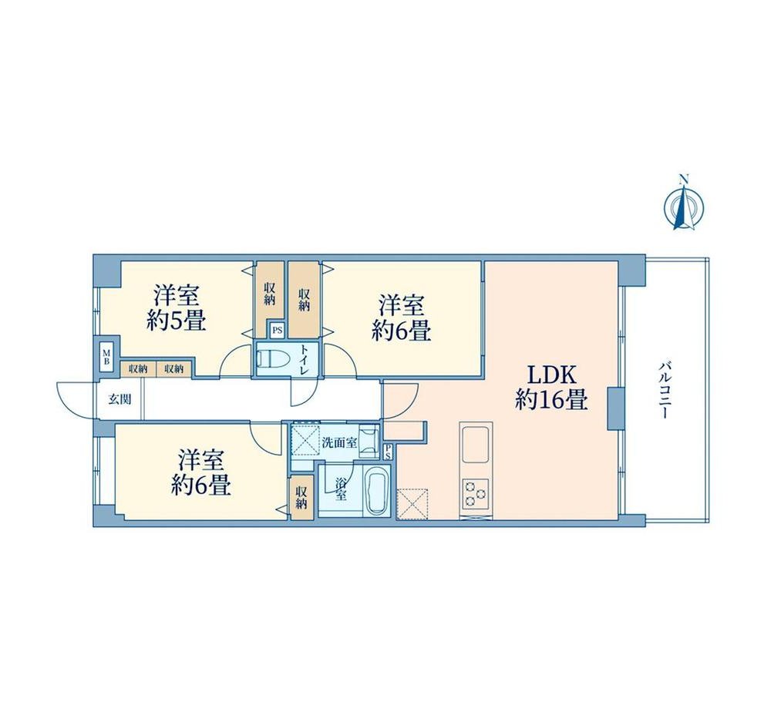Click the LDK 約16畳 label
point(552,388)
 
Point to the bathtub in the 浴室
point(378,492)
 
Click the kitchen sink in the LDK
point(476,445)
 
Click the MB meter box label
point(106,356)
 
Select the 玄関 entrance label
point(120,399)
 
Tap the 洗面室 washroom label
point(338,442)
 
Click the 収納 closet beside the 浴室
point(301,497)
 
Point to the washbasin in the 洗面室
point(369,439)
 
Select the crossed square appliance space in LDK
point(413,502)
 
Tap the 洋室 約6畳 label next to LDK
point(401,318)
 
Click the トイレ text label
point(305,360)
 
